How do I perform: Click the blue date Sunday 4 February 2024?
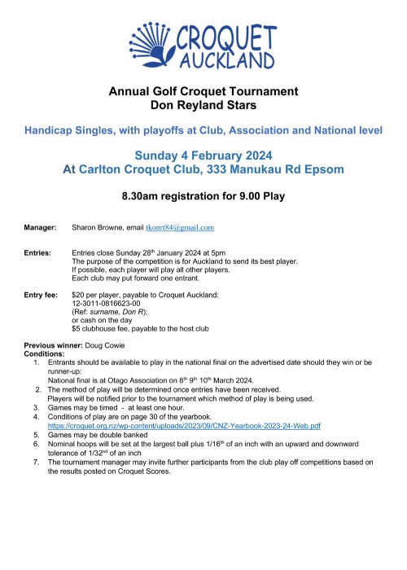(203, 155)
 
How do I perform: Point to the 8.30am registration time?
(142, 196)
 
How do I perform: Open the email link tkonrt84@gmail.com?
(186, 228)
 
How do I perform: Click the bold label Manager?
(40, 228)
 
